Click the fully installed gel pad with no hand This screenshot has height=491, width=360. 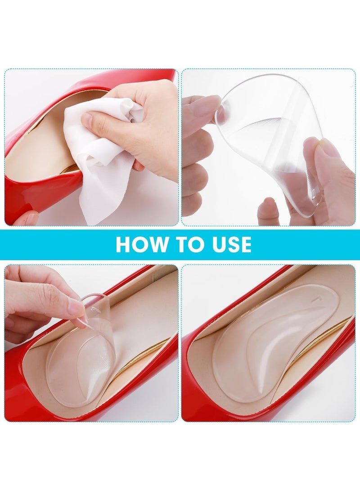(x=265, y=342)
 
